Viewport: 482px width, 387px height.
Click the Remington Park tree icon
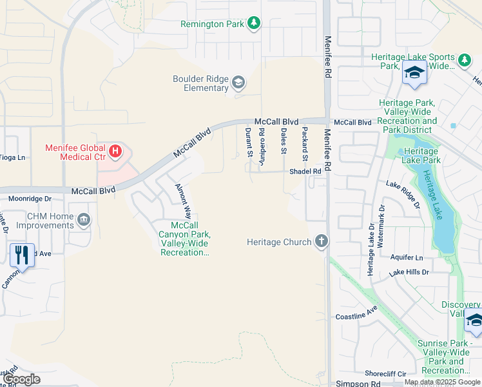pyautogui.click(x=255, y=24)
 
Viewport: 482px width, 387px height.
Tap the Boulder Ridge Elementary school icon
pyautogui.click(x=238, y=81)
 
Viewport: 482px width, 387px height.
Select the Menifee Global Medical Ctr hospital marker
pyautogui.click(x=115, y=152)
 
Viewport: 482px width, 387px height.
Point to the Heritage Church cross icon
pyautogui.click(x=321, y=242)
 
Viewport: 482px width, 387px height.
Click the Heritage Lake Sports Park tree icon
pyautogui.click(x=464, y=60)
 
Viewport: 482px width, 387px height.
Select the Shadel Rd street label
pyautogui.click(x=305, y=171)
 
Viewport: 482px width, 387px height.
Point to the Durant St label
pyautogui.click(x=249, y=141)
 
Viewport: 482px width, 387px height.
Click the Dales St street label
pyautogui.click(x=284, y=141)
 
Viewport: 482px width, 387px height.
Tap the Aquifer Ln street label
pyautogui.click(x=407, y=257)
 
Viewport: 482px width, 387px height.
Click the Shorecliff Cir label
pyautogui.click(x=385, y=373)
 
